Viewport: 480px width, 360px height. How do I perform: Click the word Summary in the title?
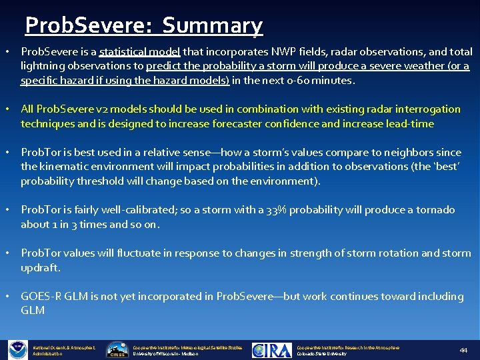point(213,25)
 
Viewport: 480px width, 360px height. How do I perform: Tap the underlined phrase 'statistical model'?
point(139,51)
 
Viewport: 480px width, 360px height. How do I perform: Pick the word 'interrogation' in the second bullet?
point(428,109)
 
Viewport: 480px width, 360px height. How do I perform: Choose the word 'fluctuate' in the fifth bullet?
point(153,253)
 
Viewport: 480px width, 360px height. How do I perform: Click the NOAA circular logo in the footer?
point(17,350)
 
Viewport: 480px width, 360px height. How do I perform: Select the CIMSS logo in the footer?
point(117,351)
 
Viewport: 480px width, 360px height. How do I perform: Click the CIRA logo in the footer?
point(272,351)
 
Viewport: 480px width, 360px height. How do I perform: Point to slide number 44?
point(464,351)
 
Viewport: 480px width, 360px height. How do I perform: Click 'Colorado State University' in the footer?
point(321,354)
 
